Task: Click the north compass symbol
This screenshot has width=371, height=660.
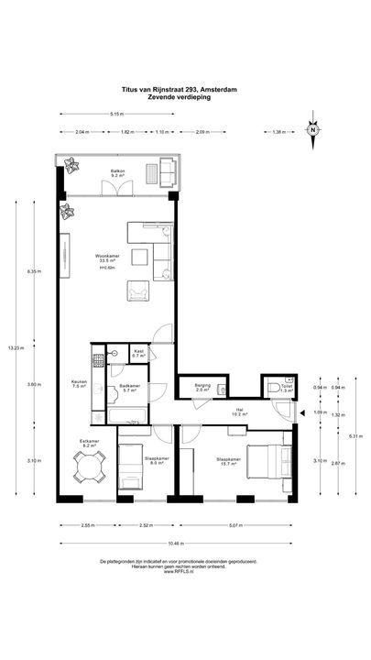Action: coord(313,129)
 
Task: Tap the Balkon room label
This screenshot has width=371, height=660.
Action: coord(118,173)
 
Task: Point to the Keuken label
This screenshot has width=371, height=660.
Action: coord(79,383)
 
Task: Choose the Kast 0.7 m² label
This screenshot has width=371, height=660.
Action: coord(140,353)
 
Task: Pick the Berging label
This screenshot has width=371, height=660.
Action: coord(202,388)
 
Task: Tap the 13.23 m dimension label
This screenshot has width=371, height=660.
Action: coord(13,347)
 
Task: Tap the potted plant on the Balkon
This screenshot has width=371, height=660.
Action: coord(70,165)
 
